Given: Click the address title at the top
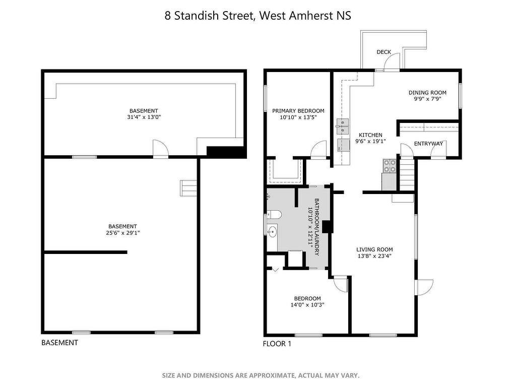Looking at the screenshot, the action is click(x=257, y=16).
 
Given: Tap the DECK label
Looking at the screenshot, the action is click(x=383, y=52).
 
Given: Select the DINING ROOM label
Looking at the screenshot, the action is click(x=427, y=93).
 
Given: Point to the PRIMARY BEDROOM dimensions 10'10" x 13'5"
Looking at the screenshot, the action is click(x=298, y=117).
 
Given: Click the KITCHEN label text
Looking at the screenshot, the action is click(x=370, y=135).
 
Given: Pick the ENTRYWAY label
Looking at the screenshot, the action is click(x=428, y=144).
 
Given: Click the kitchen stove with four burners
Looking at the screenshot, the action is click(x=390, y=166).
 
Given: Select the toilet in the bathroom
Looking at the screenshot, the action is click(x=274, y=215).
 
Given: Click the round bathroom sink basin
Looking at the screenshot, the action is click(x=272, y=231).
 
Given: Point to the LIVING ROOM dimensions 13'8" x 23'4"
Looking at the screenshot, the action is click(x=374, y=256).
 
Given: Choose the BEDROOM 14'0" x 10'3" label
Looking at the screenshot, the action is click(x=307, y=302).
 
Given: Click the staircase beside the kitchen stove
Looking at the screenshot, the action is click(x=407, y=174).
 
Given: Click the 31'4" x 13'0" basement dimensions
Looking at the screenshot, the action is click(x=144, y=117).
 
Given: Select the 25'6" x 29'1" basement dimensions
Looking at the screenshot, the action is click(x=122, y=233).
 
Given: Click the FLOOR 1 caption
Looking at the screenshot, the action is click(x=277, y=344).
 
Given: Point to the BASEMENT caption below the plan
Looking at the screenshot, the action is click(x=59, y=343).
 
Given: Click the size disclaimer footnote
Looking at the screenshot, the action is click(x=261, y=375).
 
